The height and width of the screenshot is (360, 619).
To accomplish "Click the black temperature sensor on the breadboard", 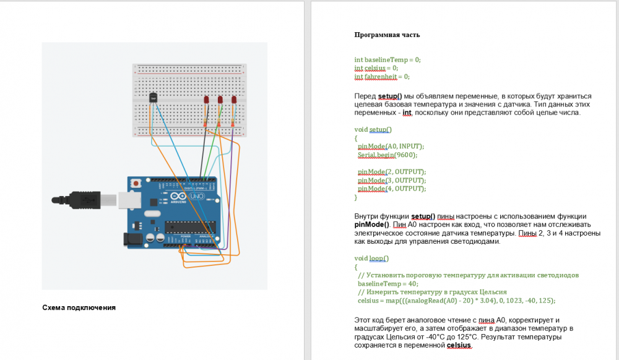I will pyautogui.click(x=152, y=98).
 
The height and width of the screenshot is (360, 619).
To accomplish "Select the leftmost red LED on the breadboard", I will pyautogui.click(x=206, y=100).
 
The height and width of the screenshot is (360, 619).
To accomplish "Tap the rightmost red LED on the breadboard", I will pyautogui.click(x=234, y=100).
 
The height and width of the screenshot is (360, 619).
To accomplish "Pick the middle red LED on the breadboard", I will pyautogui.click(x=220, y=100).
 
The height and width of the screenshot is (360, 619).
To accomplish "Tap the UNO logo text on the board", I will pyautogui.click(x=196, y=197).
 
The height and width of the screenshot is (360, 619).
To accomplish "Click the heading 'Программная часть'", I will pyautogui.click(x=387, y=35).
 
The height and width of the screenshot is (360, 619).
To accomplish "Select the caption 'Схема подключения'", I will pyautogui.click(x=79, y=307).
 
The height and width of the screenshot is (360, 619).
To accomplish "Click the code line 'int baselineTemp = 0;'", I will pyautogui.click(x=387, y=59).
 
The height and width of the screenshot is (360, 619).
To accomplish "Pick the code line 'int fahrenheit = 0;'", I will pyautogui.click(x=382, y=77).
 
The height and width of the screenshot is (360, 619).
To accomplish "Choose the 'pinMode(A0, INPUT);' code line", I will pyautogui.click(x=391, y=146).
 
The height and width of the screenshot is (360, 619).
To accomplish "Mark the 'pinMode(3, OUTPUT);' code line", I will pyautogui.click(x=392, y=180).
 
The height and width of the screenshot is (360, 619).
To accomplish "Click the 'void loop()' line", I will pyautogui.click(x=371, y=258).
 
